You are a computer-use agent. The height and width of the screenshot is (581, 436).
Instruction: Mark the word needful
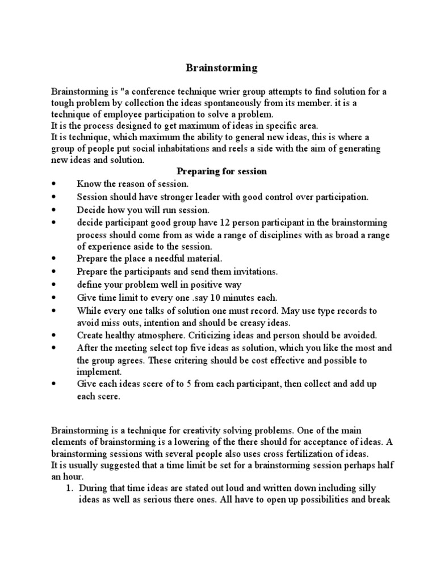156,259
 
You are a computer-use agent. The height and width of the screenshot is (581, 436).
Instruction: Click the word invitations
253,271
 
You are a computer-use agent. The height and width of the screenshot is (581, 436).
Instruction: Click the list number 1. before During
70,488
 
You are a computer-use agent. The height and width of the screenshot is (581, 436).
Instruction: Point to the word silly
365,488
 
